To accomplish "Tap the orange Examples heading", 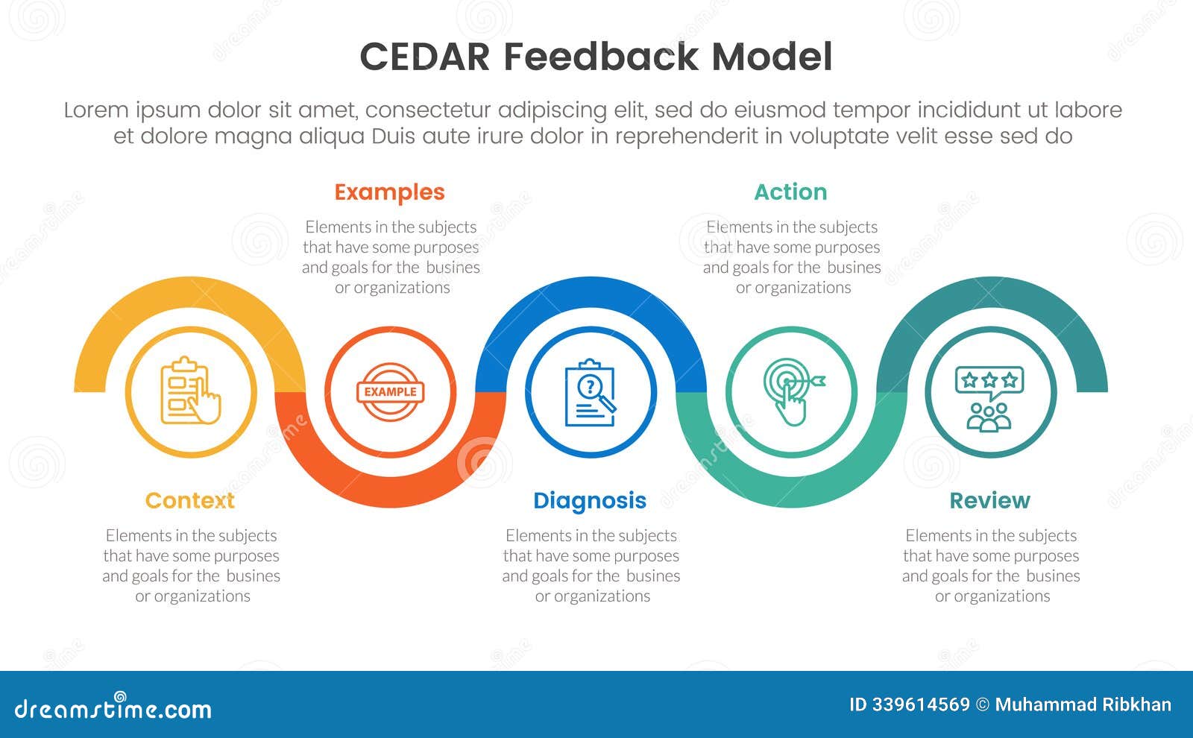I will tap(389, 192).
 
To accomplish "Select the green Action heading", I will tap(790, 192).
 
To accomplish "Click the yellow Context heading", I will tap(189, 500).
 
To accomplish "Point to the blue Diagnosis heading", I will tap(590, 500).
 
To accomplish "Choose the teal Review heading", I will tap(989, 500).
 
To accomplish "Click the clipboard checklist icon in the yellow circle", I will tap(190, 391).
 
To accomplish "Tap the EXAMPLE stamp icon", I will tap(390, 391).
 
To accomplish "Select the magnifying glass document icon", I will tap(591, 392).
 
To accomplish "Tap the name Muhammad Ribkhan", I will tap(1083, 704).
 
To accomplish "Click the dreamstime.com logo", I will tap(113, 707).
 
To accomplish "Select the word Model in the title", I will tap(772, 57).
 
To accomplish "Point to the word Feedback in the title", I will tap(601, 57).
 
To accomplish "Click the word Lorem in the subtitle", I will tap(97, 110).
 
